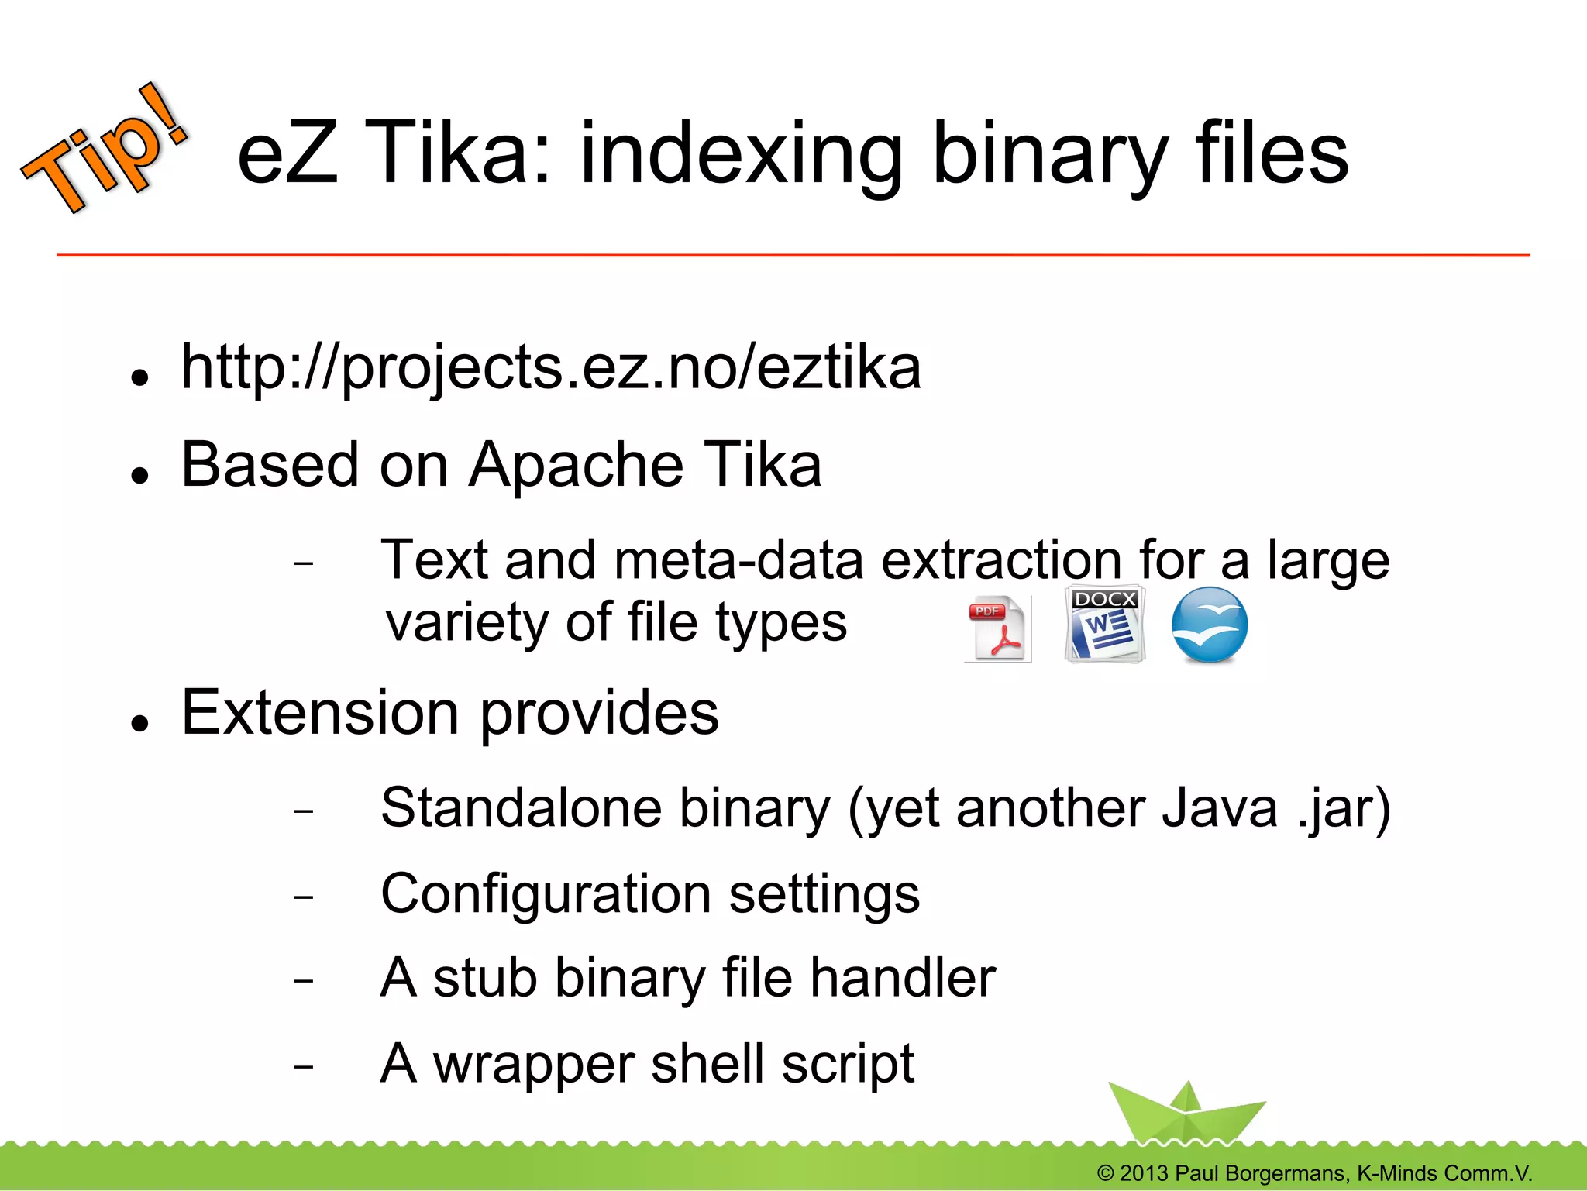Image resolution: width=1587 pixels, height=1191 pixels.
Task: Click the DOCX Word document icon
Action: (x=1104, y=625)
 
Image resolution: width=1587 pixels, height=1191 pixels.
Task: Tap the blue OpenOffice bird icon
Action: (x=1209, y=625)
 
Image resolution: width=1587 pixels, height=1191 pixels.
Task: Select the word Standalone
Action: (x=520, y=808)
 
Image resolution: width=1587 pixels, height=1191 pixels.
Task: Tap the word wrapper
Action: (x=533, y=1065)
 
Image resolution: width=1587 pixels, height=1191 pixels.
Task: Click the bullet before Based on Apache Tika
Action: (x=139, y=475)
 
